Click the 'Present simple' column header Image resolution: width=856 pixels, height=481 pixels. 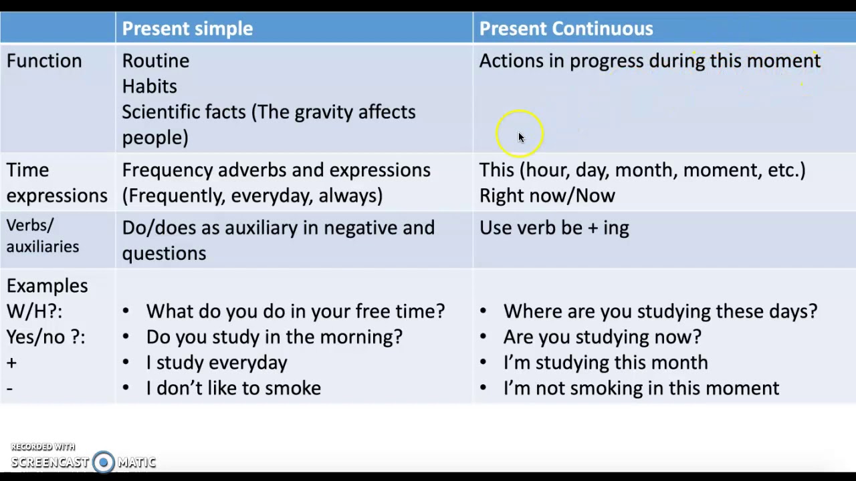[187, 29]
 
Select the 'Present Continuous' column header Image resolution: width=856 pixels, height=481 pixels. [566, 29]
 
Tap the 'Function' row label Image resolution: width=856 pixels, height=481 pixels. [44, 61]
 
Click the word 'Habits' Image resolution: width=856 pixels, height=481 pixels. [149, 86]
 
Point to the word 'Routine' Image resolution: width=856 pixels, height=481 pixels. [155, 61]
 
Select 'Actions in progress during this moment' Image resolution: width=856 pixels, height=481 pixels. [649, 61]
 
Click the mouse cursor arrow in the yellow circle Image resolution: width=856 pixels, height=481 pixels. [521, 137]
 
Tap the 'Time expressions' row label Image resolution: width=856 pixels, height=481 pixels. [56, 182]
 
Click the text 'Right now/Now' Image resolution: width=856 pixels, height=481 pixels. [547, 195]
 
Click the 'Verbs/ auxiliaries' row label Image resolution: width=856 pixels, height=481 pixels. [42, 236]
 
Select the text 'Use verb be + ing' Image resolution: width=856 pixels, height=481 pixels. [554, 228]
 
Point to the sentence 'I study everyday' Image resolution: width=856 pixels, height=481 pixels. [217, 362]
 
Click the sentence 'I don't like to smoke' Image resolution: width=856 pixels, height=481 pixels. [233, 388]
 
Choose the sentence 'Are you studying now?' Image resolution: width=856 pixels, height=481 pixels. [602, 337]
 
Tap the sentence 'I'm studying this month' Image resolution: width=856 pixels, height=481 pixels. [605, 362]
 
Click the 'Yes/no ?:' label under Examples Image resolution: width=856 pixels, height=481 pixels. [45, 337]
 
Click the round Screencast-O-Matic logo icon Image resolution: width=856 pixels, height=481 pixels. [104, 462]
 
